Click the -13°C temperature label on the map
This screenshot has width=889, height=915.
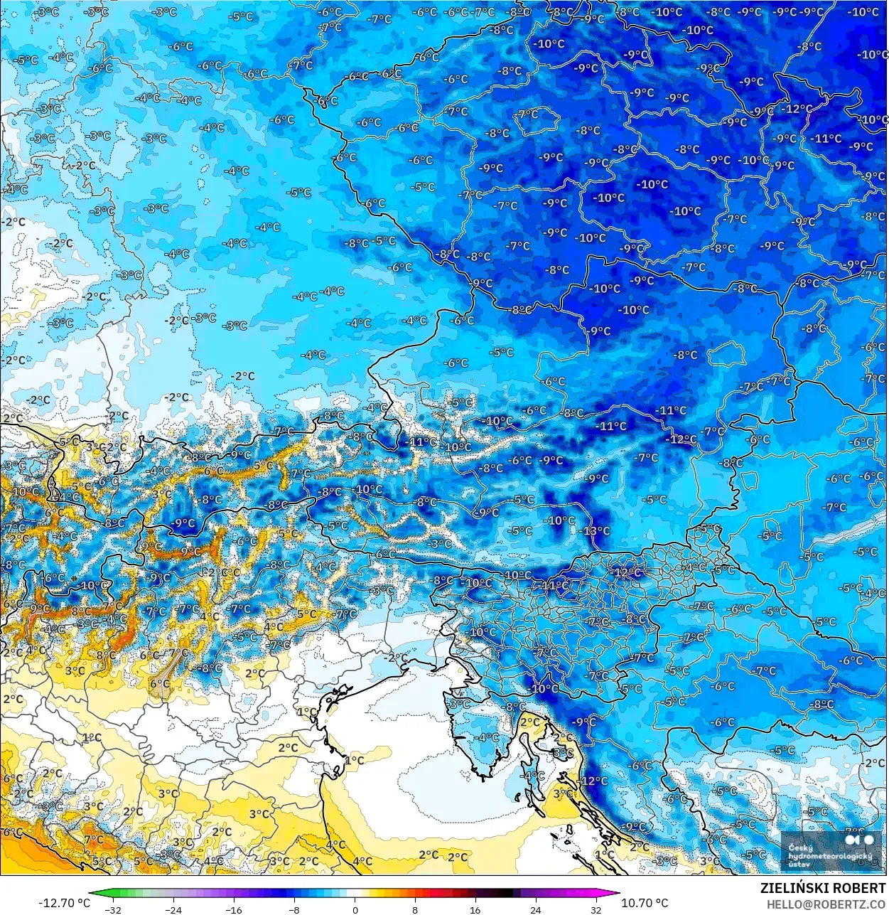tap(597, 530)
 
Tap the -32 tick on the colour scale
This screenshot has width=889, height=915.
tap(113, 909)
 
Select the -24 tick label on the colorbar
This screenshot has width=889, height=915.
tap(173, 909)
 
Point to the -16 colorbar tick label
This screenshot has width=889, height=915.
tap(234, 909)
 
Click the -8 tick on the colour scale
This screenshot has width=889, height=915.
tap(294, 909)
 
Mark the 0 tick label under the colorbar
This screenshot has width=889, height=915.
tap(355, 909)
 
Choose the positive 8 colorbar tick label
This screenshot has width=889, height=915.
tap(415, 909)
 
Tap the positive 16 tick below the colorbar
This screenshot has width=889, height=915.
tap(475, 909)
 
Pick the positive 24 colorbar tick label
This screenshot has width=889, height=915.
tap(535, 909)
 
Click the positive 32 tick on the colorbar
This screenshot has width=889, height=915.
tap(596, 909)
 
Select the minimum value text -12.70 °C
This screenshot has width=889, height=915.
tap(64, 903)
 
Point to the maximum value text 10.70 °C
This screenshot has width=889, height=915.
tap(645, 903)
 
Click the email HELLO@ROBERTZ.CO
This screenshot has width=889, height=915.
tap(826, 904)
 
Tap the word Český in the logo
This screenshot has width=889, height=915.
tap(801, 847)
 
